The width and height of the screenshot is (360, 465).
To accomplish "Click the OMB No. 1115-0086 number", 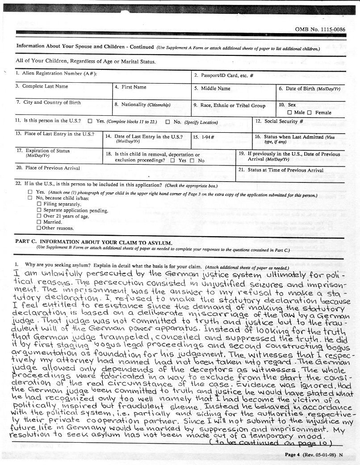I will coord(320,29).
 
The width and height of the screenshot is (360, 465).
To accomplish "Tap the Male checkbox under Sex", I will coord(290,113).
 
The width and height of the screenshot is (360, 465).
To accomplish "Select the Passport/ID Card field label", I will coord(224,75).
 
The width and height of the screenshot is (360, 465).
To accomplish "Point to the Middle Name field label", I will coord(212,89).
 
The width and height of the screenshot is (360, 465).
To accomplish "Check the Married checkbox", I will coord(39,222).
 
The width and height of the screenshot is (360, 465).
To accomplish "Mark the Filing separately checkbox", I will coord(39,204).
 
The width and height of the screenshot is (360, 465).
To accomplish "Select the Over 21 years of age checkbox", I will coord(39,216).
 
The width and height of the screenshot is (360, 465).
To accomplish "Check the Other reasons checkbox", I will coord(39,228).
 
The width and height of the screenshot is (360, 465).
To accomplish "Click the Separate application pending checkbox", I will coord(39,210).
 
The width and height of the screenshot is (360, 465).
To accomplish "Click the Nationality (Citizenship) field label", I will coord(142,105).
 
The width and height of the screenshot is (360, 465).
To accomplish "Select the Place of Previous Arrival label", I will coord(48,168).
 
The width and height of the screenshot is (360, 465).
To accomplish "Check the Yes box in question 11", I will coord(90,121).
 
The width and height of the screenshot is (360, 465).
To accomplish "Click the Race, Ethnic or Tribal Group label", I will coord(229,106).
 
